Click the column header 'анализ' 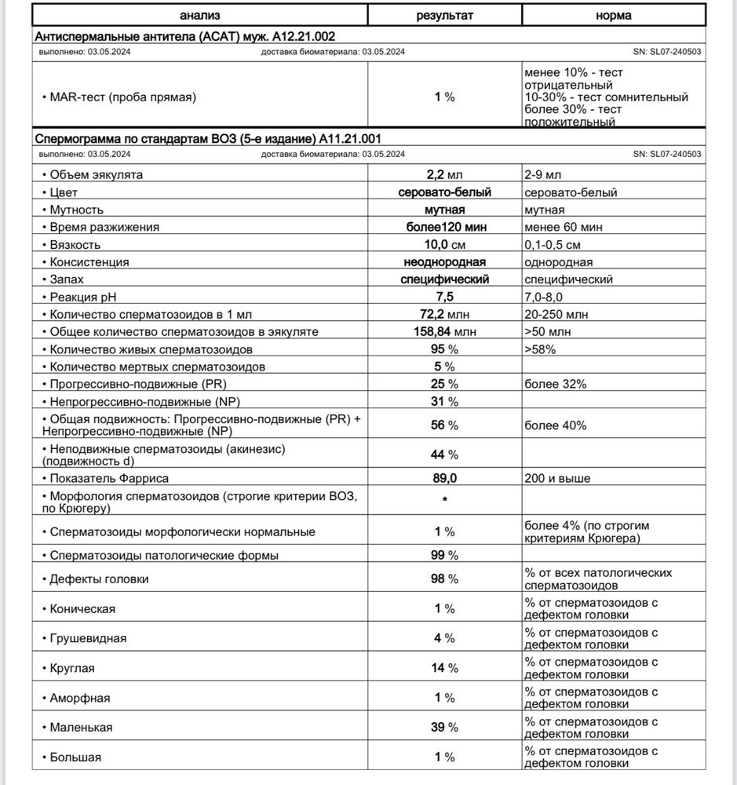pos(199,15)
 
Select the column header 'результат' pos(445,15)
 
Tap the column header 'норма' pos(618,15)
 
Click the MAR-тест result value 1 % pos(444,97)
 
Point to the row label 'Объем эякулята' pos(96,174)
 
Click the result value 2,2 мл pos(444,174)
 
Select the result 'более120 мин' pos(444,227)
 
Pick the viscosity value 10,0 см pos(444,245)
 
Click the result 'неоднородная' pos(444,262)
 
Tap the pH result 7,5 pos(444,297)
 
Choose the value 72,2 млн pos(444,314)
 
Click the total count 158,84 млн pos(444,331)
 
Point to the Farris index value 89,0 pos(444,478)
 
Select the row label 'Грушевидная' pos(88,638)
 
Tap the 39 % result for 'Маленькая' pos(444,727)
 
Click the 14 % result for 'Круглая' pos(444,668)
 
